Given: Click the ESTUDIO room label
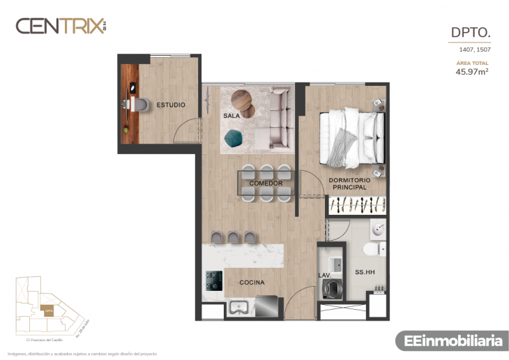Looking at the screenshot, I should coord(171,105).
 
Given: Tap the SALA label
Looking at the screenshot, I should coord(231,116).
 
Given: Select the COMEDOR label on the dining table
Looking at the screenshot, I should coord(266,183).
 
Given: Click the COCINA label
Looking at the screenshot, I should coord(252,283).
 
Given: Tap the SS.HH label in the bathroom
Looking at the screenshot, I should coord(365,272).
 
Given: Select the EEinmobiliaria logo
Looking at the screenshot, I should coord(449,340).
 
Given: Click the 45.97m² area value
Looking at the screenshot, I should coord(471,71).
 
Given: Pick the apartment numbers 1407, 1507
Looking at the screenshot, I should coord(474,50).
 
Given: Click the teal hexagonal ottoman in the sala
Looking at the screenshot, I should coord(233,140).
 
